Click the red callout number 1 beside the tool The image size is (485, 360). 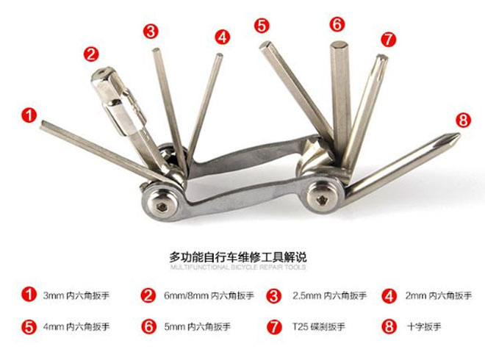click(x=29, y=115)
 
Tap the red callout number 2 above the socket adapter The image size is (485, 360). click(x=91, y=53)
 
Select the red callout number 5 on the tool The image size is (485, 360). click(x=262, y=26)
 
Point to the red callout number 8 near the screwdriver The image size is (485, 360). click(x=462, y=118)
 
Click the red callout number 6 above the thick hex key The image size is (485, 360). click(x=337, y=24)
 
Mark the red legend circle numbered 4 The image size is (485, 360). click(x=389, y=295)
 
